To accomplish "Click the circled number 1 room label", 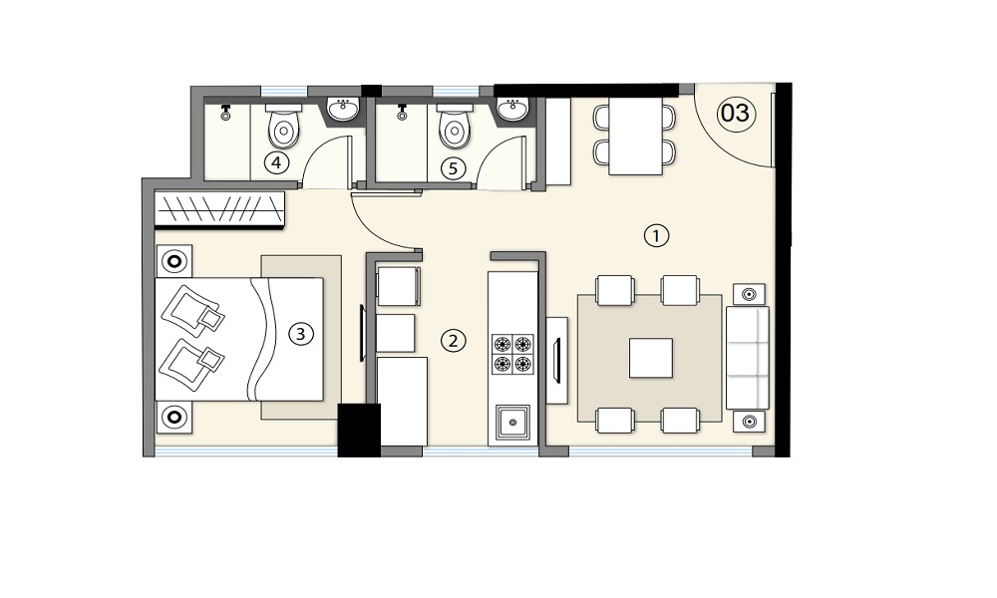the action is coord(656,236).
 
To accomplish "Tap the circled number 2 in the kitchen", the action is coord(453,341).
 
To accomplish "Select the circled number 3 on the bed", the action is coord(301,334).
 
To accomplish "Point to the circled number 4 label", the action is coord(276,163).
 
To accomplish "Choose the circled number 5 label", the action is coord(453,168).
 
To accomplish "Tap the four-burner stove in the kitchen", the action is coord(512,354).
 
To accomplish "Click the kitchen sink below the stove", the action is coord(512,421).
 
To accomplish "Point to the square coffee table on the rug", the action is coord(651,358).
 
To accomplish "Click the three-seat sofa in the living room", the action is coord(748,358).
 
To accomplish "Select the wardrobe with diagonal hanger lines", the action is coord(219,209).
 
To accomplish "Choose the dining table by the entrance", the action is coord(635,136).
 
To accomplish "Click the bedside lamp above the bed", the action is coord(174,260).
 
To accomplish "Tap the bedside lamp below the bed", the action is coord(174,418).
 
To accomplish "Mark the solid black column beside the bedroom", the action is coord(359,431).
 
